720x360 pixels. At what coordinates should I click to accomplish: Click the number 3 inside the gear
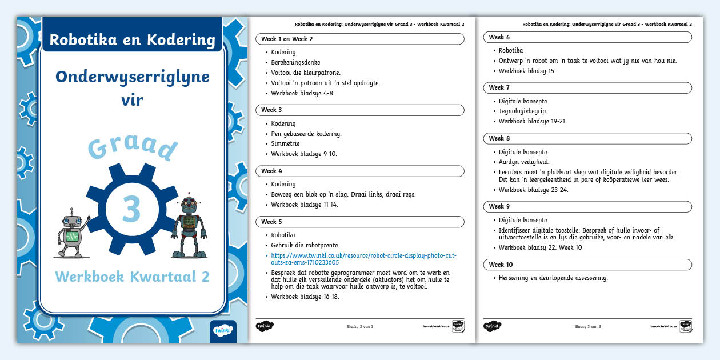pyautogui.click(x=131, y=209)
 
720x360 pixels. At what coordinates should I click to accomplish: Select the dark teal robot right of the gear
pyautogui.click(x=189, y=226)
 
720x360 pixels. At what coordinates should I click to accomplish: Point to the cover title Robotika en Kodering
pyautogui.click(x=132, y=40)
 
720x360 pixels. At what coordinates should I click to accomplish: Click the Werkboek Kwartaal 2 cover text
pyautogui.click(x=132, y=277)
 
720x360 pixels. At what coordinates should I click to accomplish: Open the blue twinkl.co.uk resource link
pyautogui.click(x=363, y=259)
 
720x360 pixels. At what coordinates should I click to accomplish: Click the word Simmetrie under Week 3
pyautogui.click(x=285, y=143)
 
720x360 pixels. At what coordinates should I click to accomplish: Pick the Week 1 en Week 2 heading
pyautogui.click(x=287, y=39)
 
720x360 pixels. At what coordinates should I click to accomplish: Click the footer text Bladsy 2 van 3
pyautogui.click(x=360, y=326)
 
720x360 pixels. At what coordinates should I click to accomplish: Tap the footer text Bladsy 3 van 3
pyautogui.click(x=587, y=326)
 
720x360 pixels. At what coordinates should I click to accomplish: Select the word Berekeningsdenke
pyautogui.click(x=295, y=62)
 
